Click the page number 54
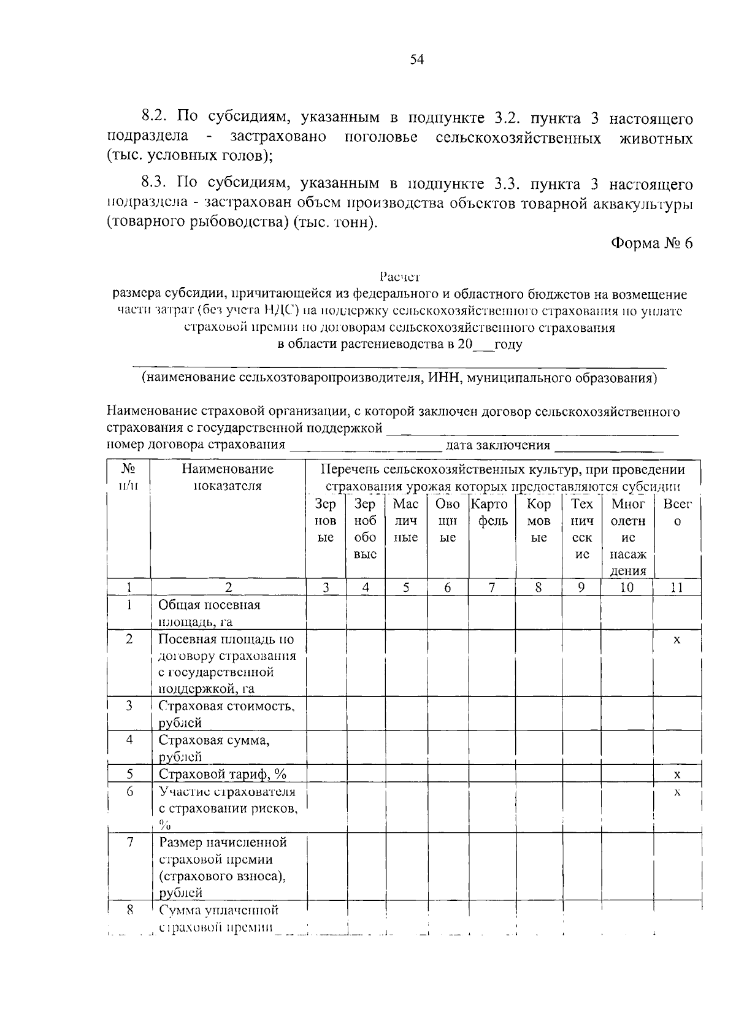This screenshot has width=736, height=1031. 417,59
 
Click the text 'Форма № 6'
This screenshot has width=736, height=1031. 651,243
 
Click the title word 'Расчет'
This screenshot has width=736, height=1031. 399,277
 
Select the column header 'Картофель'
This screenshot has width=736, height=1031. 491,513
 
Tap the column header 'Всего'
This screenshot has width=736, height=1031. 677,513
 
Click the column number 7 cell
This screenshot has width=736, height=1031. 491,587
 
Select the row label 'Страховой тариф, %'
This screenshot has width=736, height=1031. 223,773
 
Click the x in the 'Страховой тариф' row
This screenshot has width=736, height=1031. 677,774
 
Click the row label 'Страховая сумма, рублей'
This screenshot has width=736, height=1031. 214,748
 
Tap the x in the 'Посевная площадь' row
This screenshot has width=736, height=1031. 677,640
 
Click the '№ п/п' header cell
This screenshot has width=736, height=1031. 128,477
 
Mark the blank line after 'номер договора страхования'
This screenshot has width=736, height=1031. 366,447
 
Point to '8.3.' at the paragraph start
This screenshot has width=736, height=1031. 155,183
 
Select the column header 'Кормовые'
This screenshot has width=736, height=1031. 539,521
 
